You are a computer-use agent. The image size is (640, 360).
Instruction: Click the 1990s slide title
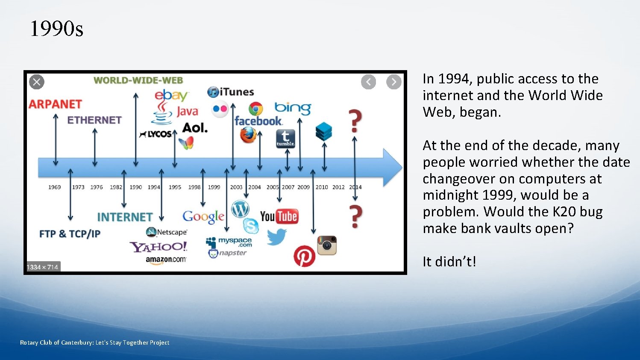click(56, 29)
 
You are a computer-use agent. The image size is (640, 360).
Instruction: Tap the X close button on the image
click(37, 82)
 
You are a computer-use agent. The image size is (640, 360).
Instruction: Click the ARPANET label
click(55, 104)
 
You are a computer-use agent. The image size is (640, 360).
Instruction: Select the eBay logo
click(171, 95)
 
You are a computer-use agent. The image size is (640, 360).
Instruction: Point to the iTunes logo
click(231, 92)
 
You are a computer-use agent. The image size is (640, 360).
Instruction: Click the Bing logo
click(293, 108)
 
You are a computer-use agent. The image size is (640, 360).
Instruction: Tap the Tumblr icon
click(285, 139)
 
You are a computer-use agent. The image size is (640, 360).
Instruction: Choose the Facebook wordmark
click(258, 121)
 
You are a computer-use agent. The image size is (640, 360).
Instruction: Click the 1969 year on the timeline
click(55, 187)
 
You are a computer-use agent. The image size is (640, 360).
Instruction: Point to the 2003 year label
click(236, 187)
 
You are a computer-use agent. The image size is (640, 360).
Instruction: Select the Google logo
click(203, 217)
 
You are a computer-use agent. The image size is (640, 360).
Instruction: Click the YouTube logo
click(279, 216)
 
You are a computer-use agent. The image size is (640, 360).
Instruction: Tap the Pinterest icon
click(304, 256)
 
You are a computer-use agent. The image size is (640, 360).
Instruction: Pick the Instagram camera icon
click(327, 245)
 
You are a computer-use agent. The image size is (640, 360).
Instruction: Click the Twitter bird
click(276, 237)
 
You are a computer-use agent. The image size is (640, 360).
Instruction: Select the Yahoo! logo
click(159, 247)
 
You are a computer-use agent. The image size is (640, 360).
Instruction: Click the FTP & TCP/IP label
click(70, 234)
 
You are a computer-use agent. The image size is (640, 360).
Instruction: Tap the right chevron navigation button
click(393, 82)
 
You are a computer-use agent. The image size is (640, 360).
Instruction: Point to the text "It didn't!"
click(449, 261)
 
